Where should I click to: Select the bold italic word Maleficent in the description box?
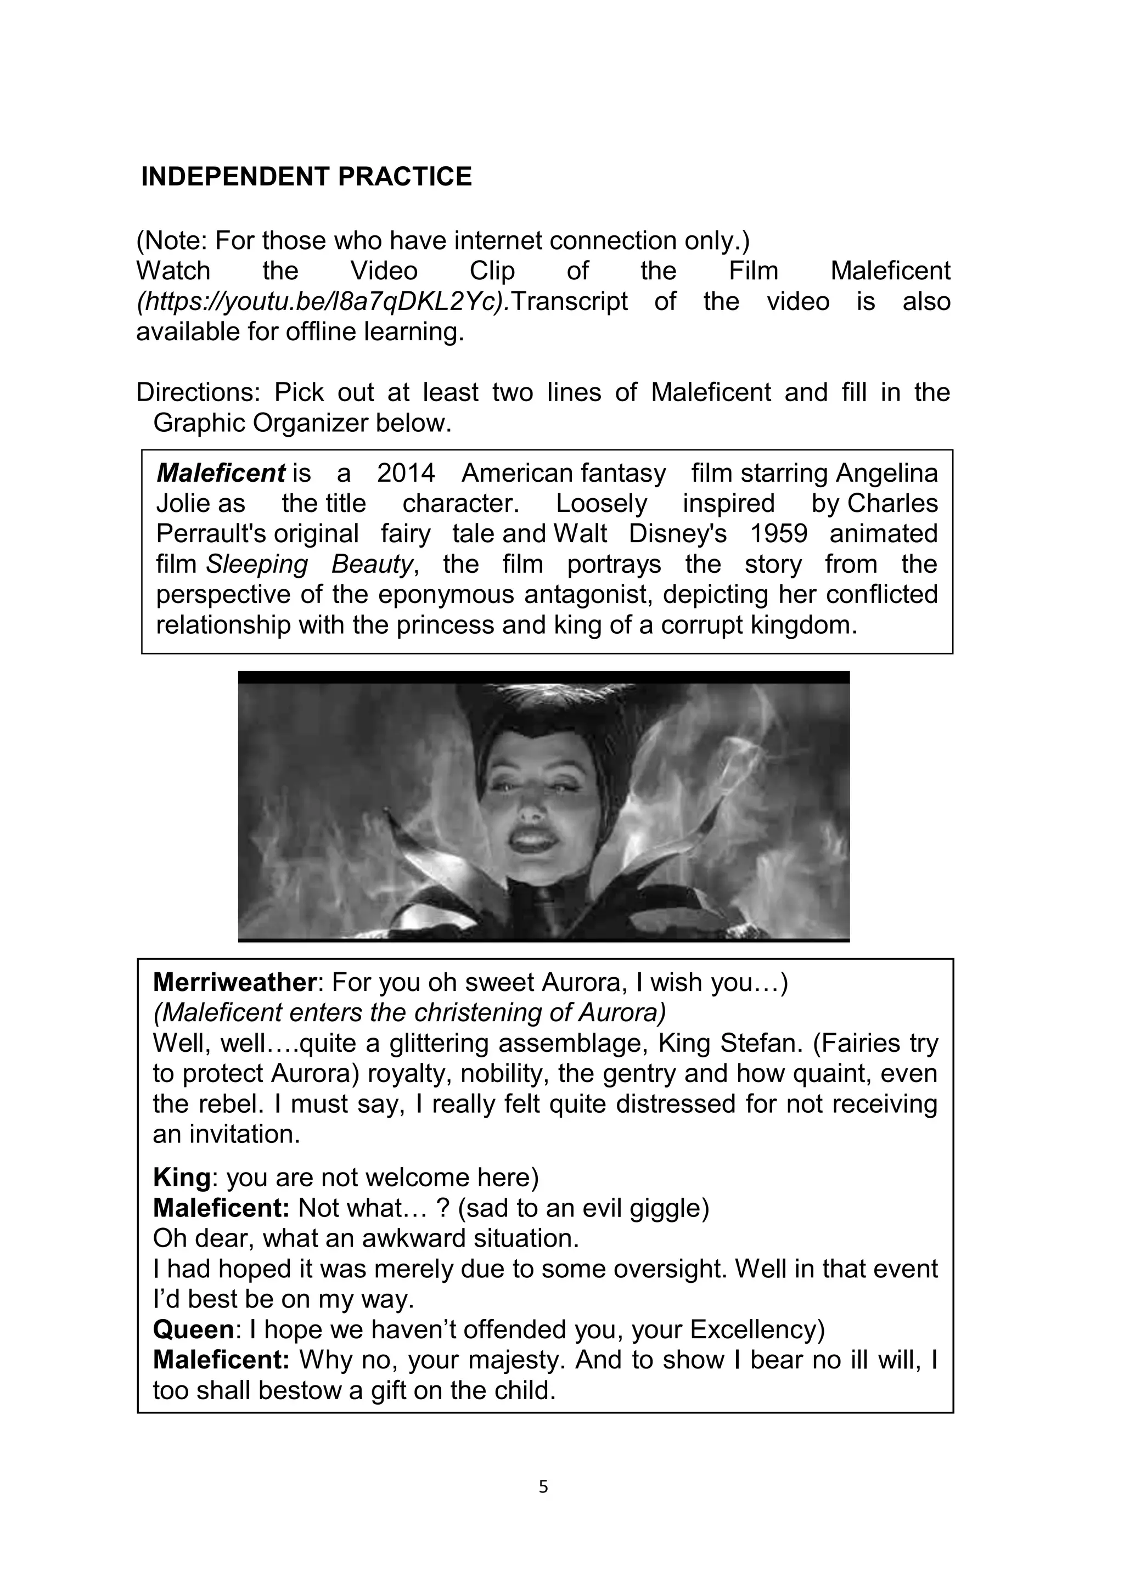pyautogui.click(x=221, y=474)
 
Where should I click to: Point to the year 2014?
pyautogui.click(x=406, y=474)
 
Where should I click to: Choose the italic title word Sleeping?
pyautogui.click(x=257, y=565)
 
